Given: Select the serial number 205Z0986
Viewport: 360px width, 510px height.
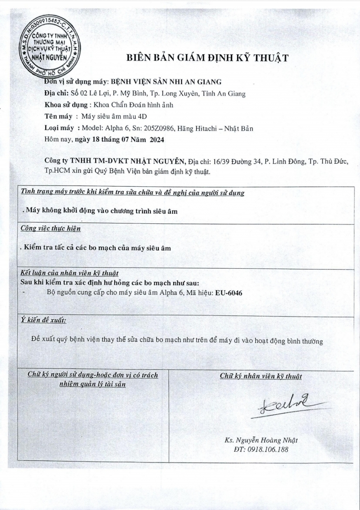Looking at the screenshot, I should tap(158, 128).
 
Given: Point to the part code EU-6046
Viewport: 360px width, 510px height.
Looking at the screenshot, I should tap(229, 293).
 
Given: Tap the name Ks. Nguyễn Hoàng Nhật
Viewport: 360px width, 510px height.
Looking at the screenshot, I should tap(261, 440).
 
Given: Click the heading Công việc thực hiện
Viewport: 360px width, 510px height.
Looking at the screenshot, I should tap(50, 228).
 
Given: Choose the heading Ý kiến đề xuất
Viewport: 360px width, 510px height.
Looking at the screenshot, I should tap(43, 320).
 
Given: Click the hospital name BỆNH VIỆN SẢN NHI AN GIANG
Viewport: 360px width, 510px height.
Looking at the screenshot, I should tap(166, 82).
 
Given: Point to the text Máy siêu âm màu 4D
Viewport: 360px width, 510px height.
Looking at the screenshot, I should tap(114, 117).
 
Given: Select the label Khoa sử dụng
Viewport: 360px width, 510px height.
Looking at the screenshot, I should tap(66, 105).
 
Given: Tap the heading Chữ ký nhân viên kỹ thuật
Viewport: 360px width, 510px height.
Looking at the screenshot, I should tap(261, 376).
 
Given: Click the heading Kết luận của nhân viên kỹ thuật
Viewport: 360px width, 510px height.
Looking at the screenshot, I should tap(69, 273).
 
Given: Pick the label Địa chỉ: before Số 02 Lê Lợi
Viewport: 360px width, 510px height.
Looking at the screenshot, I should tap(57, 94).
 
